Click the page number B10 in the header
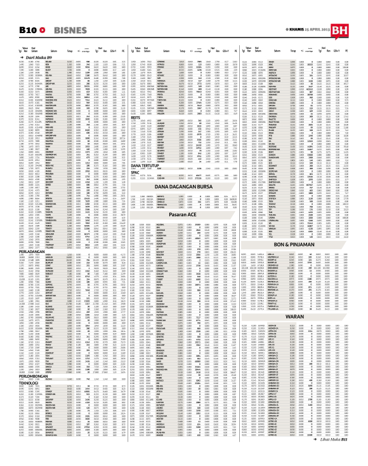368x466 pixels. coord(27,30)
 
